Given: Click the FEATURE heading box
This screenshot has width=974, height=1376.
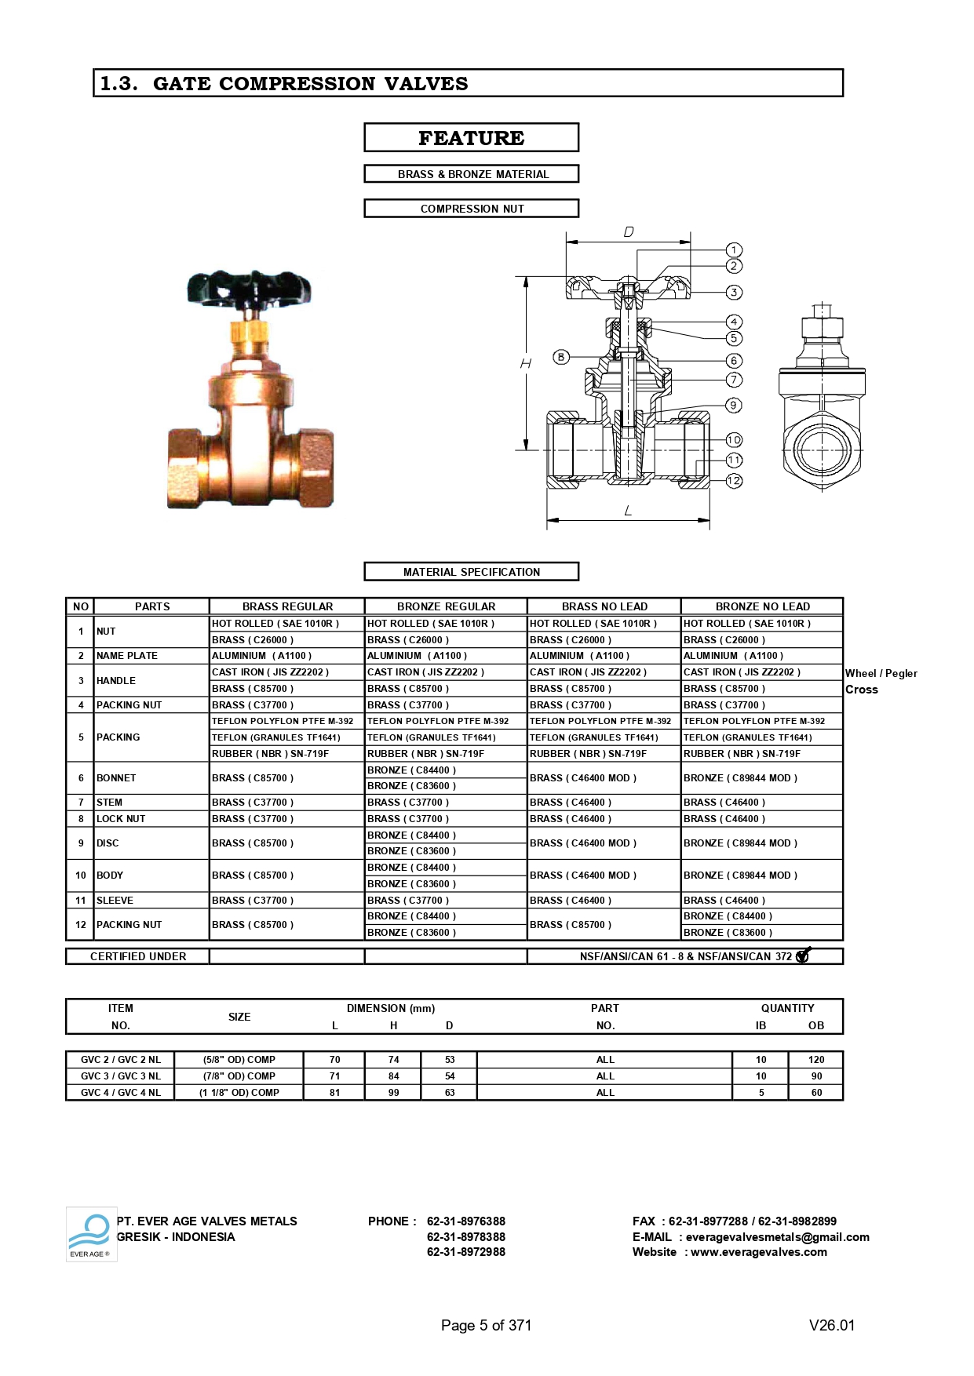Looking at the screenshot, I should tap(471, 137).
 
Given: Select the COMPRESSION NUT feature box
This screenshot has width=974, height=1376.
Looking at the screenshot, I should tap(471, 208).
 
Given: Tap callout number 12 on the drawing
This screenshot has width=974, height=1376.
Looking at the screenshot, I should tap(734, 481).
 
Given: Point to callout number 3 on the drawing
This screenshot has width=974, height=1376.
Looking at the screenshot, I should tap(734, 292).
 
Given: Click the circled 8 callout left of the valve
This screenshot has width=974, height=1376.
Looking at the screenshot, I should tap(560, 357).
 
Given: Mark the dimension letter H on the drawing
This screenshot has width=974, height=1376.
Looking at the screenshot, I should tap(526, 363).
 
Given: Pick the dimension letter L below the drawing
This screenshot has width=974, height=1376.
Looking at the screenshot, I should tap(628, 511).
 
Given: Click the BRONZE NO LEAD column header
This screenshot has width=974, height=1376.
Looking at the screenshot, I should tap(762, 606).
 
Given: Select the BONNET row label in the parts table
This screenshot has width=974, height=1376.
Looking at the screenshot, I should tap(116, 778).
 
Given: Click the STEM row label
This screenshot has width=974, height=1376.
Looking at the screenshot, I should tap(109, 803).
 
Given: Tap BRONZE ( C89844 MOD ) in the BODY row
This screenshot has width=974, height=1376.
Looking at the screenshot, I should tap(740, 875).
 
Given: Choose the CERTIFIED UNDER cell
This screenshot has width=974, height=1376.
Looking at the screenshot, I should tap(138, 956).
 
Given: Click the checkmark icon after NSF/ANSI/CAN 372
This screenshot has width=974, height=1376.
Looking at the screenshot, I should tap(803, 956).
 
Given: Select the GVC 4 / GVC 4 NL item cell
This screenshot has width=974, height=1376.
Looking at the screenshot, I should tap(120, 1093).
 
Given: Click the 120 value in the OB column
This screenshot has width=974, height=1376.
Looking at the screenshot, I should tap(816, 1060).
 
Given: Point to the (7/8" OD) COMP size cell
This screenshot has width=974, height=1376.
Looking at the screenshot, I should tap(239, 1076).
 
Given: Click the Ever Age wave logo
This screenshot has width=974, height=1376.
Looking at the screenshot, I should tap(90, 1232).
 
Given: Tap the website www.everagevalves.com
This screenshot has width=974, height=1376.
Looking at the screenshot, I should tap(758, 1252).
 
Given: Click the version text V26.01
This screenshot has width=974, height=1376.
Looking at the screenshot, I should tap(831, 1325).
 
